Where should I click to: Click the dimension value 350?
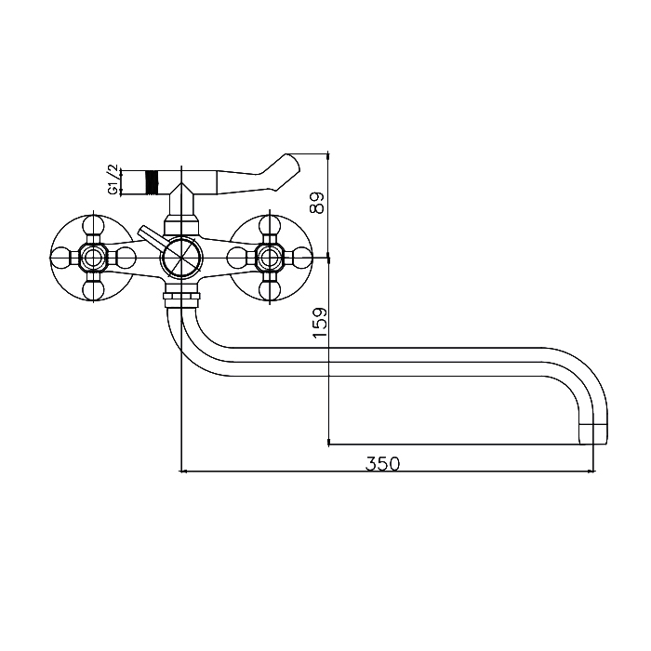point(382,464)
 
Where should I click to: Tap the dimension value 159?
point(320,323)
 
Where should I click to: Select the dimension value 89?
point(317,202)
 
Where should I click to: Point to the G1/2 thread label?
point(113,179)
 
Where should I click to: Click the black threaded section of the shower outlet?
point(153,182)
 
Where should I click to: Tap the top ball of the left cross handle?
point(93,227)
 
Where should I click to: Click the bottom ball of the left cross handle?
point(93,290)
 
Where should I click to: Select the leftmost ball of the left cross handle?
point(60,258)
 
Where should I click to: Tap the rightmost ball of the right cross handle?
point(301,258)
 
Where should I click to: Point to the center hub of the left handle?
point(93,258)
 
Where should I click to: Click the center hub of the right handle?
point(270,258)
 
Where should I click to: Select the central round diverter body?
point(182,258)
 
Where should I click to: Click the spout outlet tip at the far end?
point(593,434)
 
